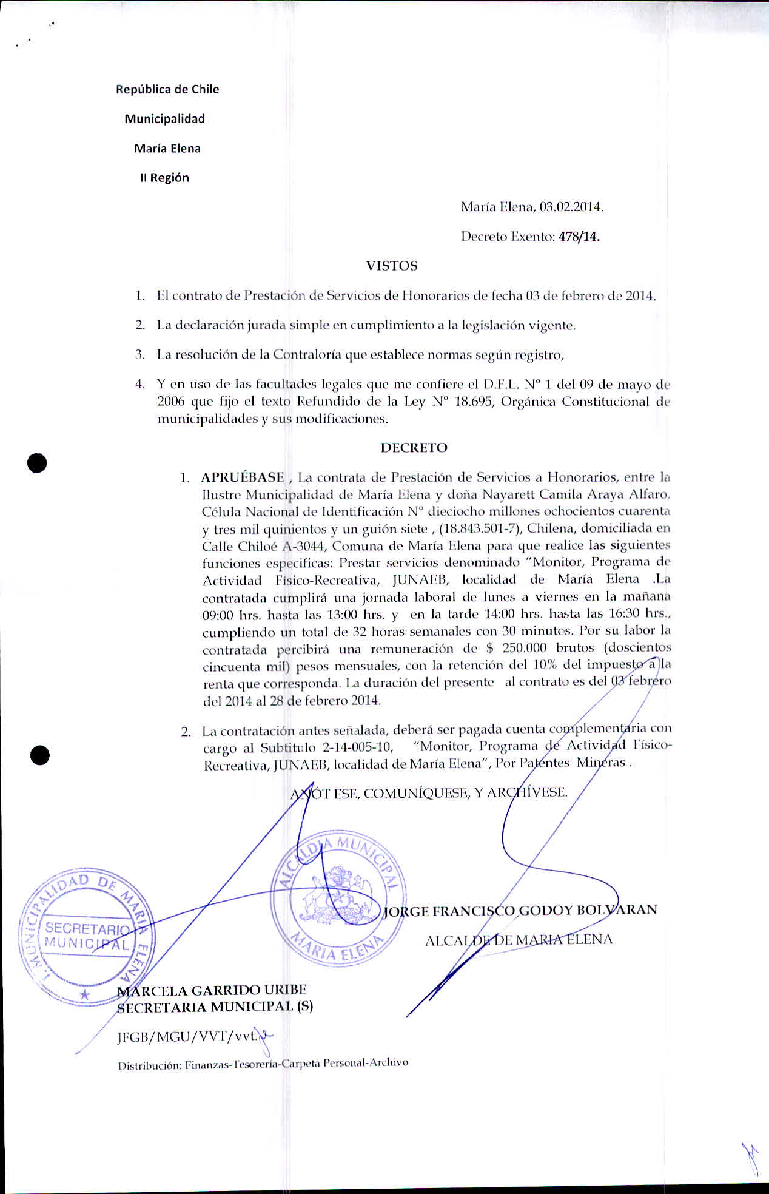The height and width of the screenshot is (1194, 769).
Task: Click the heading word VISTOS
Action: point(392,266)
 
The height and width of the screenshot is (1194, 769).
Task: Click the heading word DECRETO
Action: point(414,448)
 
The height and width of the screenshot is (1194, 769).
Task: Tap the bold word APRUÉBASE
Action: point(243,477)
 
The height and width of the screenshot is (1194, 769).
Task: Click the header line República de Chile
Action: point(167,89)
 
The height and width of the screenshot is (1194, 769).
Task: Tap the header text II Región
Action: point(164,178)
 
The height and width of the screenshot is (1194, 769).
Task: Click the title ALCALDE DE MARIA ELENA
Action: point(519,940)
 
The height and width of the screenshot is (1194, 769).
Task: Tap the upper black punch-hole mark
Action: point(37,463)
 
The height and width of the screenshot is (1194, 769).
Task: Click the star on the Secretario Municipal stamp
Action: point(85,994)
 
